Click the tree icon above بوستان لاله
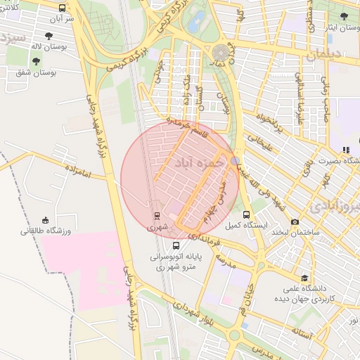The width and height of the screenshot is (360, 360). (x=48, y=35)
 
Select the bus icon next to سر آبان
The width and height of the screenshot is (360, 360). (x=62, y=8)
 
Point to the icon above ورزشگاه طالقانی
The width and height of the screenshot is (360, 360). (x=46, y=219)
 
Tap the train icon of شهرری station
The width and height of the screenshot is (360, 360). (x=157, y=214)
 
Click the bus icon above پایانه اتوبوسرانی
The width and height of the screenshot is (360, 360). (x=175, y=246)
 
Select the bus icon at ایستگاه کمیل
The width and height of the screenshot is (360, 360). (x=245, y=214)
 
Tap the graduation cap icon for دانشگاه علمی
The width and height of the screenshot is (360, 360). (x=304, y=278)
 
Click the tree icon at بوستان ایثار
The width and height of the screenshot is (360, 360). (x=344, y=16)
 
